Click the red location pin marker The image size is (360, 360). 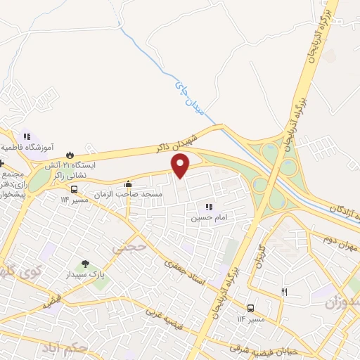(181, 165)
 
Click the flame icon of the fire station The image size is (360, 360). (70, 154)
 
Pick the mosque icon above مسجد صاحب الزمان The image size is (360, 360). (127, 185)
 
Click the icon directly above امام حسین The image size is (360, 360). (207, 207)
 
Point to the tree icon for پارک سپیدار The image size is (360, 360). (85, 264)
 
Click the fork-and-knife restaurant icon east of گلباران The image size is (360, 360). (284, 292)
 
